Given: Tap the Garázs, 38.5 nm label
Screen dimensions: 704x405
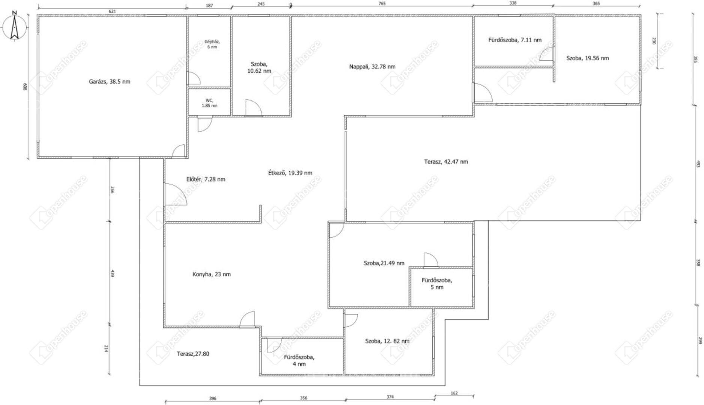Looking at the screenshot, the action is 110,81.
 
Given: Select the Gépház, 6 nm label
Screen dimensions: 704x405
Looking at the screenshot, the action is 212,44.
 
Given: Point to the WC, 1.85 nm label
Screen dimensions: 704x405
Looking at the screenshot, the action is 209,103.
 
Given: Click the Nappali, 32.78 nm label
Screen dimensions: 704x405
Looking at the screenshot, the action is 372,67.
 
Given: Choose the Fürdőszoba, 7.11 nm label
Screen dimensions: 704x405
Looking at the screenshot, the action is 515,40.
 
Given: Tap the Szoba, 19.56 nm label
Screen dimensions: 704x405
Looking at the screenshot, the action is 588,58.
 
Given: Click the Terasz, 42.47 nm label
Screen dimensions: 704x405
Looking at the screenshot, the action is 446,162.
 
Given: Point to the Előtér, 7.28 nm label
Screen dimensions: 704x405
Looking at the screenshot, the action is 206,179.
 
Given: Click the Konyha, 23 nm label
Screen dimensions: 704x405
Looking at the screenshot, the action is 212,274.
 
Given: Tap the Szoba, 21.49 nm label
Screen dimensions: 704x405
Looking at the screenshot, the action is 384,263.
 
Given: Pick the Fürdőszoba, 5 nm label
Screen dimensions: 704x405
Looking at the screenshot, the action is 437,283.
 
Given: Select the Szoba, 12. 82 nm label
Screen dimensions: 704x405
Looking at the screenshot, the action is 387,341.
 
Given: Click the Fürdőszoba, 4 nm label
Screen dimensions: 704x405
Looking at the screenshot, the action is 299,360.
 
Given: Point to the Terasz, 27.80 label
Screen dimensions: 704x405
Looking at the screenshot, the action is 193,354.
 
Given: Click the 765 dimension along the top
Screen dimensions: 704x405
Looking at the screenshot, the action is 382,3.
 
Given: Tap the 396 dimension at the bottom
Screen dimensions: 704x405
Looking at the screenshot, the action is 213,398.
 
